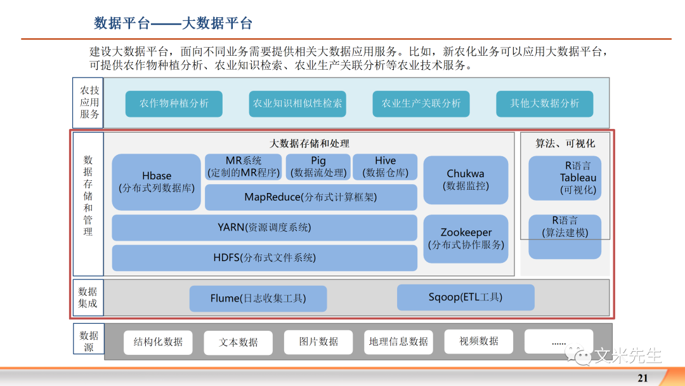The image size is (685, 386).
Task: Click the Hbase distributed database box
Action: [x=156, y=182]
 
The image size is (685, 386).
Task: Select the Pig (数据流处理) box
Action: [x=318, y=167]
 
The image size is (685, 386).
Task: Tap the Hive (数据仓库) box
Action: [x=385, y=167]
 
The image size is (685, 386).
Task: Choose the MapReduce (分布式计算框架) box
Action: [x=311, y=197]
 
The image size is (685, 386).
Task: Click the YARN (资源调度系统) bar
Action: [x=264, y=227]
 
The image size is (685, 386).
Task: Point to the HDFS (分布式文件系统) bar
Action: [x=264, y=258]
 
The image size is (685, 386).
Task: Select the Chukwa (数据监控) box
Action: [x=466, y=180]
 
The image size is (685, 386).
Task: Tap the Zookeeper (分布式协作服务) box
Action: [x=466, y=238]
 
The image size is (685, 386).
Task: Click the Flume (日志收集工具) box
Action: [x=258, y=298]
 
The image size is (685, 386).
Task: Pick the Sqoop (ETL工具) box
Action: [x=466, y=297]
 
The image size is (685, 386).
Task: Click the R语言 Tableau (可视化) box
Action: [x=564, y=178]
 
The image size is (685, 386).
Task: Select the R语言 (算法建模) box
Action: [x=564, y=236]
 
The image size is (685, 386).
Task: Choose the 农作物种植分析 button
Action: [x=174, y=103]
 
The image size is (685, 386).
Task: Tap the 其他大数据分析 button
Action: [x=545, y=103]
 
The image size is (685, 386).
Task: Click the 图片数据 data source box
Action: [x=318, y=342]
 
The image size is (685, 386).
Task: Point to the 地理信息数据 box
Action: [x=398, y=342]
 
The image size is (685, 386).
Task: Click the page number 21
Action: [x=643, y=378]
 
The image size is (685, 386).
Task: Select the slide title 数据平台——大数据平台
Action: [x=173, y=23]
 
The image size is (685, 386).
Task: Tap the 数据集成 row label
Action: [x=88, y=297]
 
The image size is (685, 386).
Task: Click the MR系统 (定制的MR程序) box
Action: [x=243, y=167]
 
